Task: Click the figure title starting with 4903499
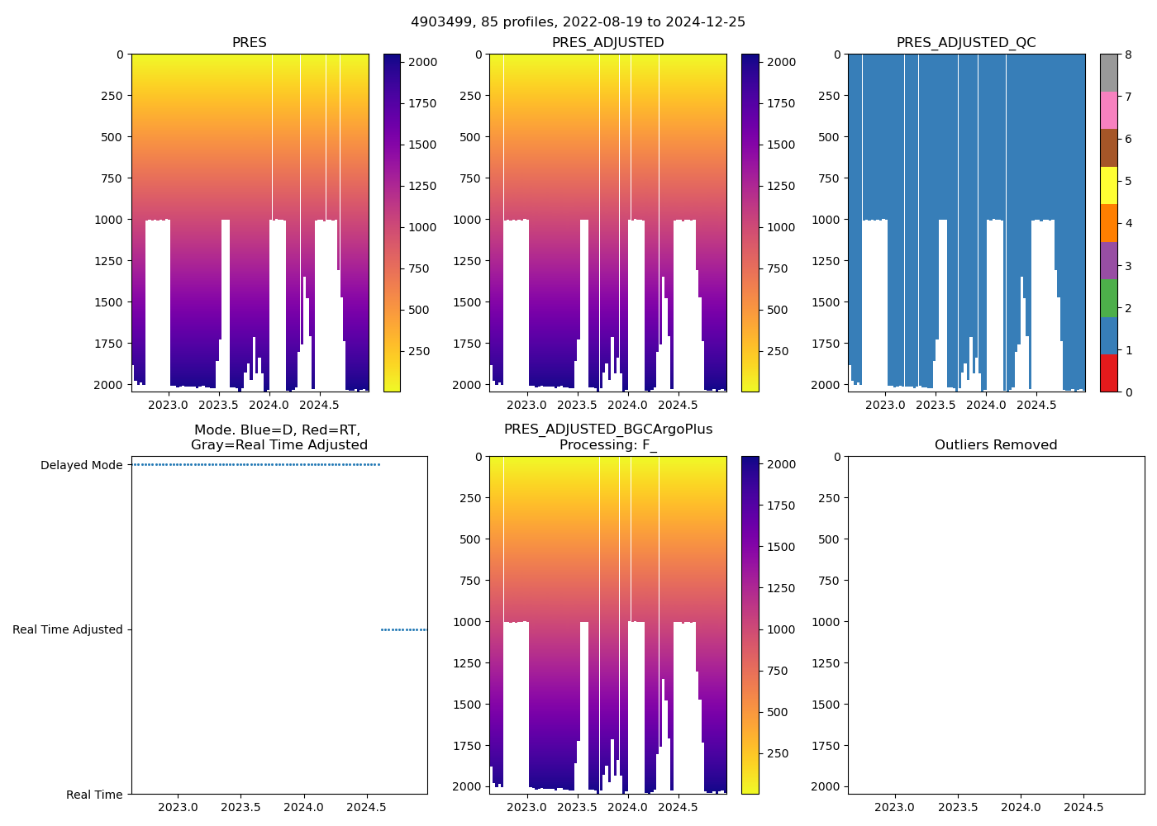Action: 578,22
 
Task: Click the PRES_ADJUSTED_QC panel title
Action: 966,43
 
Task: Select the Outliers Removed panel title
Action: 996,445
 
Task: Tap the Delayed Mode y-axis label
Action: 81,465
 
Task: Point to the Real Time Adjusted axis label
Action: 68,629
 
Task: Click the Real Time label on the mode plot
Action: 94,795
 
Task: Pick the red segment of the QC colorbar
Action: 1108,373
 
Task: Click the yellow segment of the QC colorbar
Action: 1108,185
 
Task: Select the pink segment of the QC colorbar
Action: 1108,110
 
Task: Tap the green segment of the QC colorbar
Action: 1108,297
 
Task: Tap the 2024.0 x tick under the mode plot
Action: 304,807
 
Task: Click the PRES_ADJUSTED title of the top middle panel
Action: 607,43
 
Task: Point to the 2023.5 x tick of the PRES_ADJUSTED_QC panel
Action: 936,405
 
